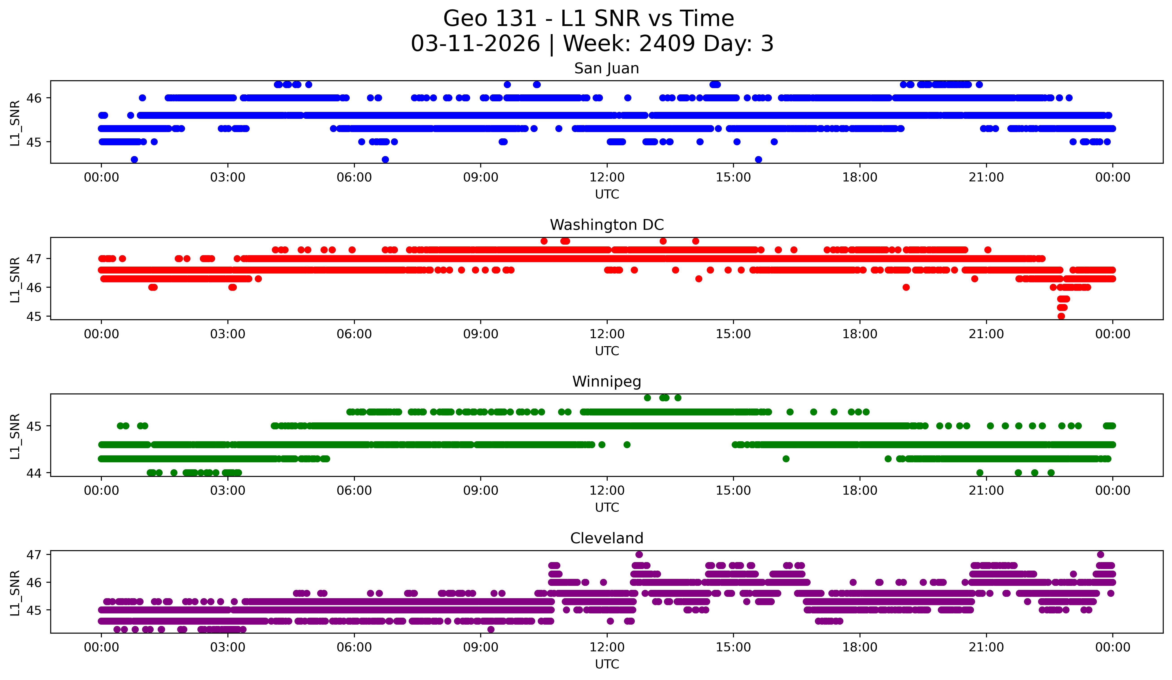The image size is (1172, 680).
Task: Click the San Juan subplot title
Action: pos(607,68)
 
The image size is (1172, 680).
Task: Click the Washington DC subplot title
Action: pos(607,225)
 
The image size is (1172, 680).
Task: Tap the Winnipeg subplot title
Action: pos(607,382)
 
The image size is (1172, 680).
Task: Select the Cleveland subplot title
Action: pos(607,538)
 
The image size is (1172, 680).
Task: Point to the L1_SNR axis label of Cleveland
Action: pos(15,593)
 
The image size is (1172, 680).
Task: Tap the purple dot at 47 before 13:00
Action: pos(639,554)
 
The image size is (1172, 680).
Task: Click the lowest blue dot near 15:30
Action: pos(759,159)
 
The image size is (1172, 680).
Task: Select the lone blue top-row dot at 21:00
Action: pos(979,85)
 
